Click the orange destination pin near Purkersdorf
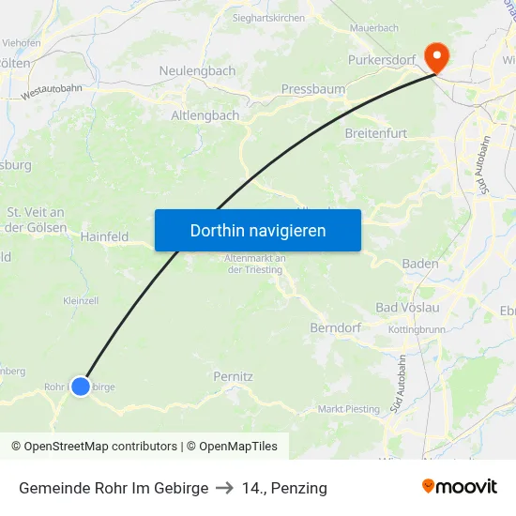tap(436, 57)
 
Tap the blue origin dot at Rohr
tap(81, 386)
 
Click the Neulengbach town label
tap(197, 70)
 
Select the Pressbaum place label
tap(313, 89)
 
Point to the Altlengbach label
tap(205, 115)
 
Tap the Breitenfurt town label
tap(376, 133)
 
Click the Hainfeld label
tap(104, 237)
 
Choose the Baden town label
tap(419, 264)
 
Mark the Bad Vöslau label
tap(408, 307)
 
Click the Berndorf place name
tap(335, 328)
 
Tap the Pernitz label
tap(233, 376)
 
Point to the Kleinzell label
tap(81, 301)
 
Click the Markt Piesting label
tap(349, 409)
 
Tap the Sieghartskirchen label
tap(268, 18)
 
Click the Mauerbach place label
tap(374, 28)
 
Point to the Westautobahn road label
tap(52, 90)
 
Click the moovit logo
tap(460, 487)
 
